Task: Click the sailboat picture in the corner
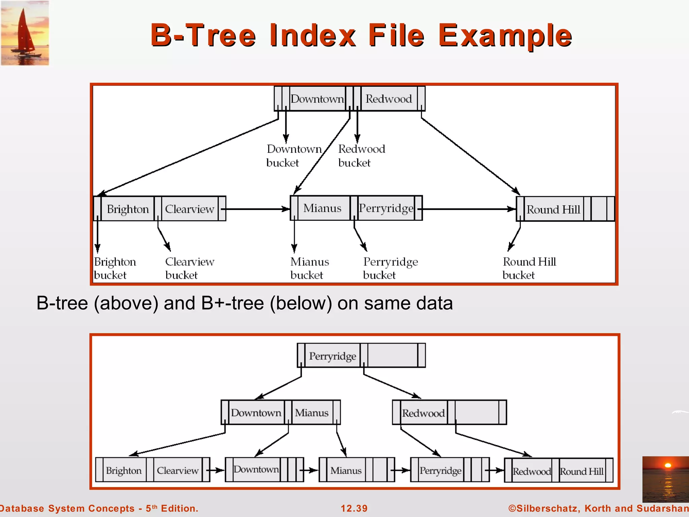[25, 33]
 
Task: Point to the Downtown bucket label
[293, 156]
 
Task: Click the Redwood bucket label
[361, 156]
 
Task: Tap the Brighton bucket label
[115, 268]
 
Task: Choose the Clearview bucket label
[189, 268]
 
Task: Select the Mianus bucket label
[310, 268]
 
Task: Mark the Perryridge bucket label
[390, 268]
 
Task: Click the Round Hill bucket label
[529, 268]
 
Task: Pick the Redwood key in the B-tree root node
[389, 99]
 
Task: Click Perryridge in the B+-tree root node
[332, 356]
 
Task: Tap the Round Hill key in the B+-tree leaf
[581, 471]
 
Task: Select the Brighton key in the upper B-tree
[128, 209]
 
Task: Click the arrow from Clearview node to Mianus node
[257, 209]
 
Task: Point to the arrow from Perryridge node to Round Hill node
[469, 209]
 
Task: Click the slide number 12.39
[354, 508]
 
